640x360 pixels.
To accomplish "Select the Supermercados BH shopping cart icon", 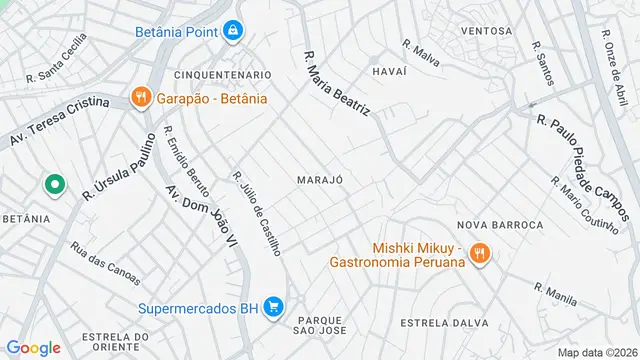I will [x=273, y=308].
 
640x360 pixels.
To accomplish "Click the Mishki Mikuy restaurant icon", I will [x=480, y=254].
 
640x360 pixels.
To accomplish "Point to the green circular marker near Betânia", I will [x=54, y=185].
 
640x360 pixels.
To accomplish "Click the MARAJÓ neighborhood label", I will [x=320, y=179].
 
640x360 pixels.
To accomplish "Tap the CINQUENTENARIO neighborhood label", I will [x=222, y=75].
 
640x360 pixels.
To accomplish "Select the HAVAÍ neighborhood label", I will [x=388, y=71].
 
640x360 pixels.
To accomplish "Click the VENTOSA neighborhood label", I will [x=486, y=31].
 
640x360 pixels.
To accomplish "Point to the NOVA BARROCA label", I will [x=500, y=225].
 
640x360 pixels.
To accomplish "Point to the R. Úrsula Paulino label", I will [x=121, y=168].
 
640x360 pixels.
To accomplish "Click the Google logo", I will [x=33, y=347].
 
